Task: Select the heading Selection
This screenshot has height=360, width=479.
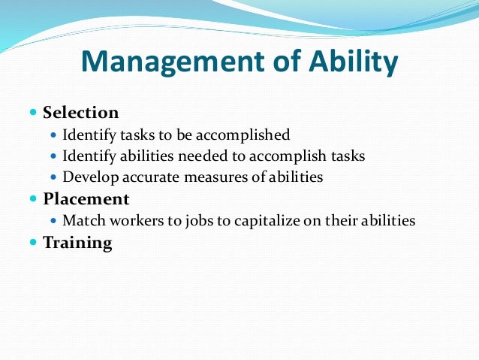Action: pyautogui.click(x=81, y=113)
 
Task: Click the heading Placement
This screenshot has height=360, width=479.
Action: pyautogui.click(x=86, y=199)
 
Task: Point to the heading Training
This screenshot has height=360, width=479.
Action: pyautogui.click(x=77, y=243)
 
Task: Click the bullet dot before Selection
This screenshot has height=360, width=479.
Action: pyautogui.click(x=33, y=113)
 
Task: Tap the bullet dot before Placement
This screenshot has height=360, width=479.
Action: pyautogui.click(x=33, y=199)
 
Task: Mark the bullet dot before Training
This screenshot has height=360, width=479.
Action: pyautogui.click(x=33, y=243)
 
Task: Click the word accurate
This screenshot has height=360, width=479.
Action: pyautogui.click(x=145, y=177)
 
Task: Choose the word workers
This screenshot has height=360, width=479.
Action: pyautogui.click(x=128, y=221)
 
